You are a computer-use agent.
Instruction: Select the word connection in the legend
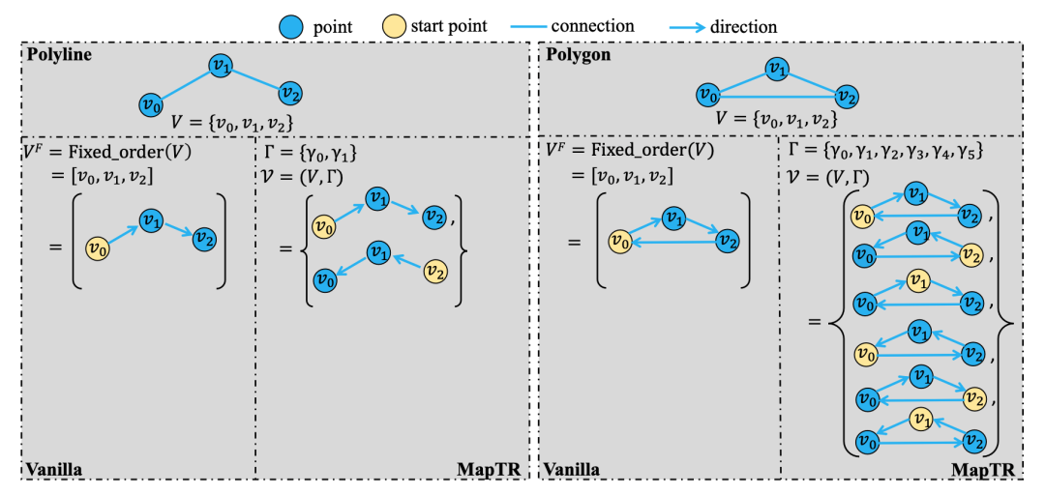[592, 27]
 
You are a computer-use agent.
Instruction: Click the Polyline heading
[59, 55]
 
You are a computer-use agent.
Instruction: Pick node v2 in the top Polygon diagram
[847, 97]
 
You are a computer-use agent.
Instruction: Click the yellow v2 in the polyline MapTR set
[434, 271]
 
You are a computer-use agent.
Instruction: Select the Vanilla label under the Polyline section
[54, 469]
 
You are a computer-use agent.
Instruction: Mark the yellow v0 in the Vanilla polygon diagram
[620, 241]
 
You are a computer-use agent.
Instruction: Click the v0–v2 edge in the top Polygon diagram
[777, 97]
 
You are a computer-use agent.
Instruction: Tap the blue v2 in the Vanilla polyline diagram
[204, 238]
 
